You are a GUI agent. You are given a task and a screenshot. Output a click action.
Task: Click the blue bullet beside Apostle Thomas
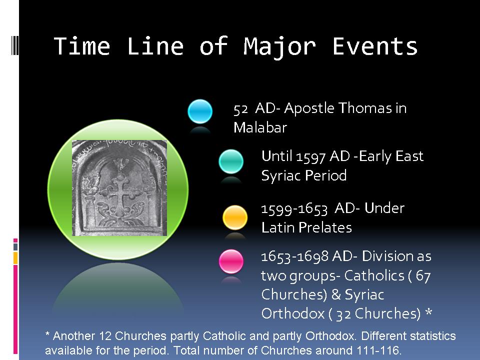coord(200,111)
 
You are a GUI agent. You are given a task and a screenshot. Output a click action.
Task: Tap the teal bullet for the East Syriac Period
coord(231,161)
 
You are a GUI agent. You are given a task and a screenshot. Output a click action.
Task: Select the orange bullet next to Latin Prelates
coord(235,217)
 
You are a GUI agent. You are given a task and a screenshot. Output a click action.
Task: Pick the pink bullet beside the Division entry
coord(231,261)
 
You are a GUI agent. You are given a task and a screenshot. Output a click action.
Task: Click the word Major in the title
coord(279,47)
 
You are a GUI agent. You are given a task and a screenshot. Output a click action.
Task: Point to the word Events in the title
coord(375,46)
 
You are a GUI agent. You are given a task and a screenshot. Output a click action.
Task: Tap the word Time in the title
coord(81,46)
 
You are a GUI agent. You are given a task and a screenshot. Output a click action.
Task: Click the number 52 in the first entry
coord(240,109)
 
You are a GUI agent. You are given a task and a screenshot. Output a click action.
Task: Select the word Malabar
coord(260,127)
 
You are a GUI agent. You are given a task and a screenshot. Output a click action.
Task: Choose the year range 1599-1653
coord(294,209)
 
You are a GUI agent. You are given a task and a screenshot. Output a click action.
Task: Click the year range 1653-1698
coord(294,257)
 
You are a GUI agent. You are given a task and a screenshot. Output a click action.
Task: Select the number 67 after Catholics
coord(423,276)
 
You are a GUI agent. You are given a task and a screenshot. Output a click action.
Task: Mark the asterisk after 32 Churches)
coord(428,312)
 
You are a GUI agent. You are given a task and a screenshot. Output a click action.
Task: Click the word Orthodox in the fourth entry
coord(293,313)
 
